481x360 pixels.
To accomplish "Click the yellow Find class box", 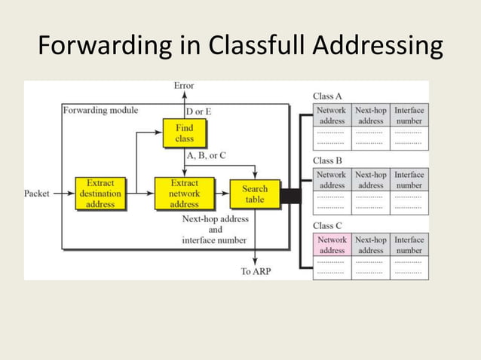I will coord(184,134).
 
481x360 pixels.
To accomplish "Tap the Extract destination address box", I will coord(100,194).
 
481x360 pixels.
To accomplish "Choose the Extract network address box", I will coord(184,194).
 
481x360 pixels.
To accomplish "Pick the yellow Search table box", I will coord(255,194).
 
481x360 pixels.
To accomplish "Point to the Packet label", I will coord(38,194).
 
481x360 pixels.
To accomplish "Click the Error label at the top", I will coord(183,86).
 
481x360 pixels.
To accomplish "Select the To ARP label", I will coord(256,271).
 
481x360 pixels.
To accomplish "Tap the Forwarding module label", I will coord(100,110).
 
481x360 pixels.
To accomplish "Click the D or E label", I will coord(198,111).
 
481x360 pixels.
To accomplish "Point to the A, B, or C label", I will coord(205,155).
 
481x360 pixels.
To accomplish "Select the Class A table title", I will coord(327,96).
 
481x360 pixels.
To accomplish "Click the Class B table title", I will coord(327,160).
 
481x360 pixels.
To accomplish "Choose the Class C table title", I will coord(327,225).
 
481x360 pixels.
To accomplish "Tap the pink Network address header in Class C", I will coord(332,245).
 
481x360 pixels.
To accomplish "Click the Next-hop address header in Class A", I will coord(370,115).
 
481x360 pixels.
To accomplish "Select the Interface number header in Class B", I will coord(409,180).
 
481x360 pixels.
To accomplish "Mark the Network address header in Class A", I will coord(332,115).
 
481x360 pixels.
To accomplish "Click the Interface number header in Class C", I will coord(409,245).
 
